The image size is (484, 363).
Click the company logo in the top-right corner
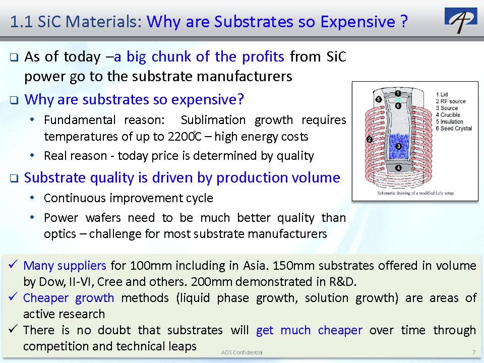(x=461, y=20)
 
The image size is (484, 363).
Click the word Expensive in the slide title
(x=358, y=22)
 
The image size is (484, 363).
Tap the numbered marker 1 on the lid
(x=398, y=93)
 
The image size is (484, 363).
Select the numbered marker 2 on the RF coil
(x=370, y=139)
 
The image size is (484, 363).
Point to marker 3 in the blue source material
(x=398, y=146)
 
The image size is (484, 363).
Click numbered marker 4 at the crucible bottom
(x=398, y=167)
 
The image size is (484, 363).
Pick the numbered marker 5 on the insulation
(x=379, y=99)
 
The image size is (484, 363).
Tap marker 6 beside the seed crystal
(x=398, y=106)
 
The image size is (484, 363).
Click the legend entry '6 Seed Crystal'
(x=454, y=129)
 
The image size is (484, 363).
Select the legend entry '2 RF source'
(x=451, y=101)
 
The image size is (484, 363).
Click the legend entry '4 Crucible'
(x=448, y=115)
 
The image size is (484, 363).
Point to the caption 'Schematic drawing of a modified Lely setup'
(x=415, y=193)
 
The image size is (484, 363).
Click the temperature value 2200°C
(x=185, y=136)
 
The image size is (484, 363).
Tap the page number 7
(x=474, y=352)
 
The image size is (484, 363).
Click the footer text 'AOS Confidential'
(x=241, y=352)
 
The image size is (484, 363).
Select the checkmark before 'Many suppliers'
(x=13, y=265)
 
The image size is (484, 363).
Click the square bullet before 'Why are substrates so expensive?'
(x=14, y=100)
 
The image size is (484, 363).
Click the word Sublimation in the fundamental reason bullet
(x=213, y=119)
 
